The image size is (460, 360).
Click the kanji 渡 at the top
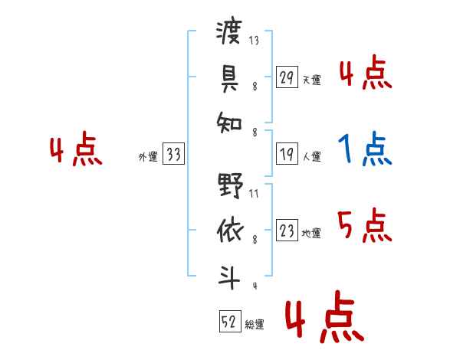point(229,33)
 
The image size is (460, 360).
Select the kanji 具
point(229,77)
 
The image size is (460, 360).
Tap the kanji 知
point(229,121)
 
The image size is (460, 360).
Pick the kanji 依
point(229,231)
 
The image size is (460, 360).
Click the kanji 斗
point(229,275)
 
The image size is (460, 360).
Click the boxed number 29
point(287,77)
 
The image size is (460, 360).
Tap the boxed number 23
point(287,231)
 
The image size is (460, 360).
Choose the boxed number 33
point(173,155)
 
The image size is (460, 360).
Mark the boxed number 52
point(229,322)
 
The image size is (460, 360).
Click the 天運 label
point(311,80)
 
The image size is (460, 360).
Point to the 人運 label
point(311,157)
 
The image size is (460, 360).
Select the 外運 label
point(148,157)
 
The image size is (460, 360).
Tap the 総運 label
point(255,324)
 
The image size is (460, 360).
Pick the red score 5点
point(365,225)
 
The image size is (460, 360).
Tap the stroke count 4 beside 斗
point(254,286)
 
